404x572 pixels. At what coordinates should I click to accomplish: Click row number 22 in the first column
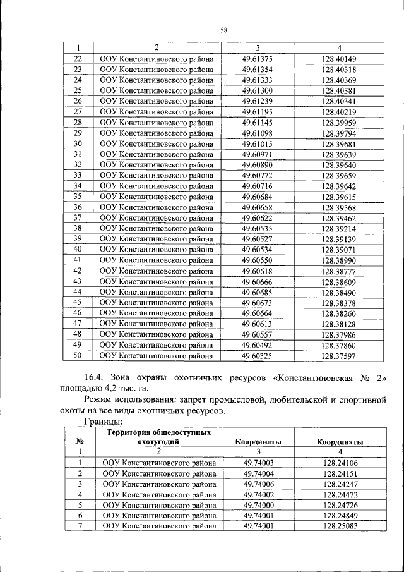click(78, 58)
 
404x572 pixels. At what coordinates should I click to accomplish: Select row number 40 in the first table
click(78, 249)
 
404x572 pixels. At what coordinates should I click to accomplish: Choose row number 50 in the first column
click(78, 356)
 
